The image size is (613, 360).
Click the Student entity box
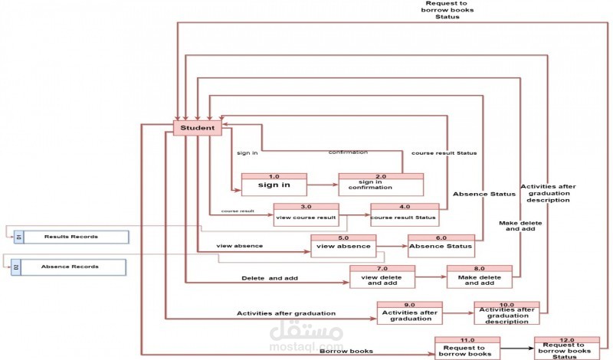coord(198,128)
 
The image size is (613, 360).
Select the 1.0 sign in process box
coord(274,185)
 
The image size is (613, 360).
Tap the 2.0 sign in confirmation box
coord(381,185)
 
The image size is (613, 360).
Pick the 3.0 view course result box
coord(306,214)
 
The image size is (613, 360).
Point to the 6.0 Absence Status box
coord(441,245)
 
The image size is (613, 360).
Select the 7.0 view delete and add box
coord(382,277)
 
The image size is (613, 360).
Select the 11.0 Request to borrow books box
coord(467,349)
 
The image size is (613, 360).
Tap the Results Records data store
coord(70,237)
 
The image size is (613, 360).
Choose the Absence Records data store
coord(70,267)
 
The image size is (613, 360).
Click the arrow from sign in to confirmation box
coord(323,185)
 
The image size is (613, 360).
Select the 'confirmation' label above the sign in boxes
coord(348,152)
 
